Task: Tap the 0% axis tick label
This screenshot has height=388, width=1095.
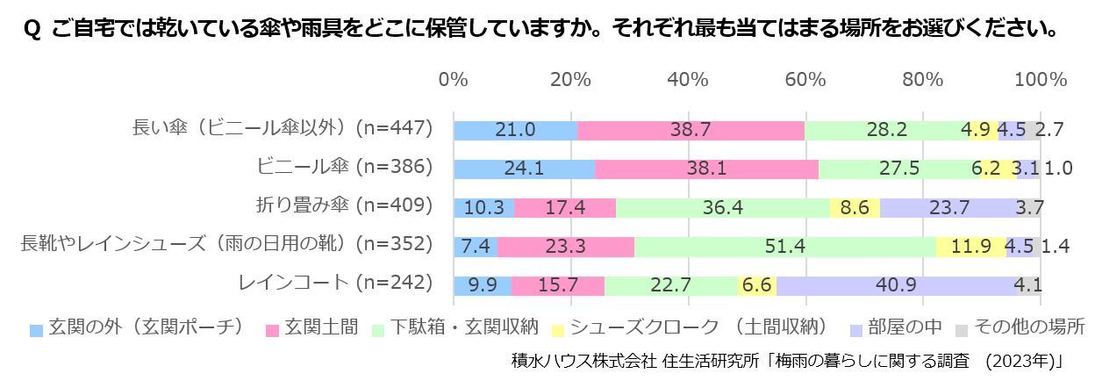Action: click(x=453, y=80)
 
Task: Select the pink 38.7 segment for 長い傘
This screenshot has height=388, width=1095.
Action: click(x=691, y=130)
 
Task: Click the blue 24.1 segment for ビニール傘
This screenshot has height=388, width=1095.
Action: click(x=524, y=168)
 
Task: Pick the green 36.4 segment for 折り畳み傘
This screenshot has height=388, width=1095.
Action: click(x=723, y=207)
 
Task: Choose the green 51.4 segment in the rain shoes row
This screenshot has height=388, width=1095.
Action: click(x=784, y=247)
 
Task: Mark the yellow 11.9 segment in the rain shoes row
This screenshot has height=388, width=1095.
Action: click(x=970, y=247)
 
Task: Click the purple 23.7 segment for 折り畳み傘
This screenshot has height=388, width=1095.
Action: click(x=949, y=207)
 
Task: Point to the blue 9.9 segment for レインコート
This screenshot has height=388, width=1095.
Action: click(x=483, y=284)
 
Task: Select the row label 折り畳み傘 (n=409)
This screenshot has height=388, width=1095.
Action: click(x=343, y=205)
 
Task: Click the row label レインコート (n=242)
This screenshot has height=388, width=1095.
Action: click(x=336, y=283)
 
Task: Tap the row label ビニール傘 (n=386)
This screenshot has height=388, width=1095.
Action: click(x=345, y=167)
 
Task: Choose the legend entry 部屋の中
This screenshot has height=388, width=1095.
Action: click(x=904, y=328)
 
